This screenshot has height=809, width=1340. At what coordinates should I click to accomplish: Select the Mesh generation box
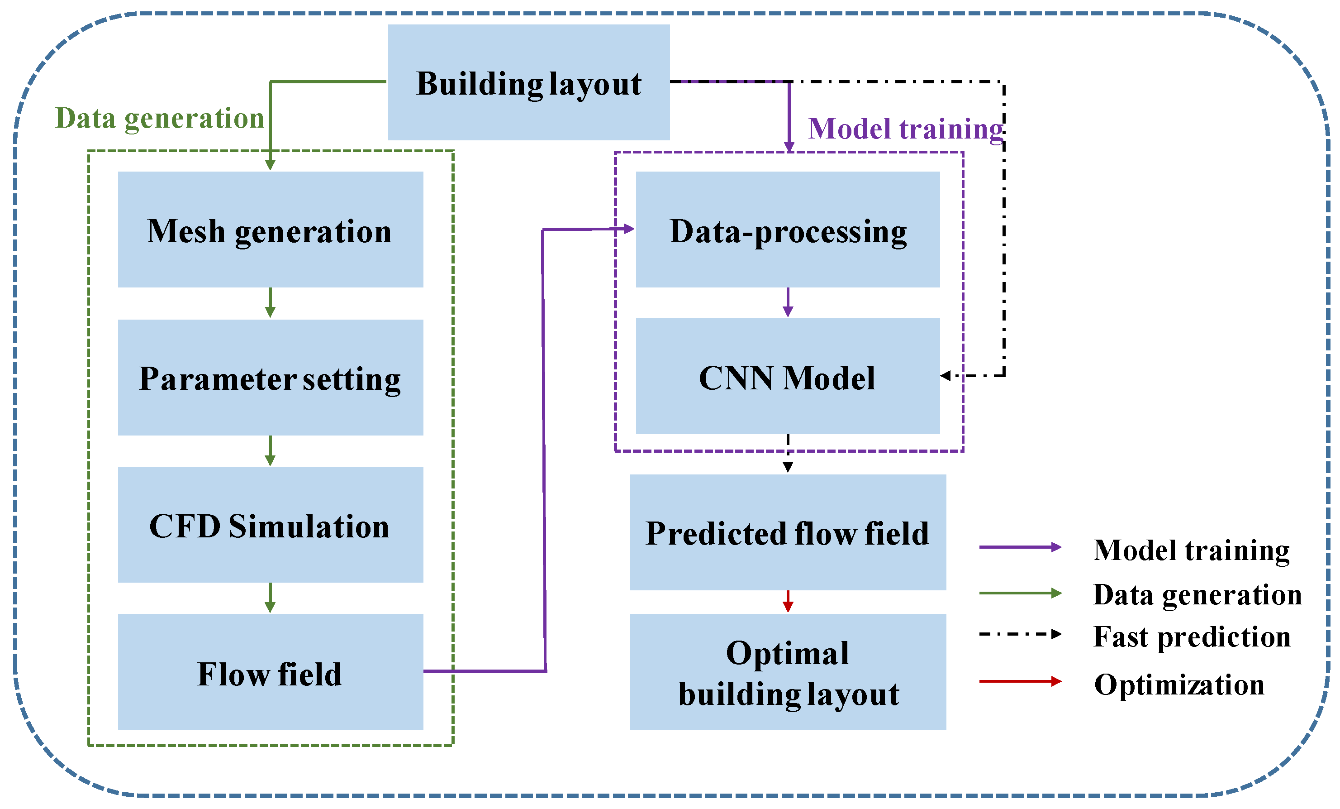[270, 229]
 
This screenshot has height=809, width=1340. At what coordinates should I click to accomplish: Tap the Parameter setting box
[270, 377]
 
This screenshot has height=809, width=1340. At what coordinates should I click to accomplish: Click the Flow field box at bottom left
[270, 672]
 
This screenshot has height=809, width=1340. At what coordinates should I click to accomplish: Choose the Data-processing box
[788, 229]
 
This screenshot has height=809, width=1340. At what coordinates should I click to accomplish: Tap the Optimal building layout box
[788, 672]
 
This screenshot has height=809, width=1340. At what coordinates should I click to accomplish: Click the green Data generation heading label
[159, 118]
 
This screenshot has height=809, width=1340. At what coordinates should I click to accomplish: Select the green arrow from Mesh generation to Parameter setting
[270, 303]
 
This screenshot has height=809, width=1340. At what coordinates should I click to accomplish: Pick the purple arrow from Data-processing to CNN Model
[788, 302]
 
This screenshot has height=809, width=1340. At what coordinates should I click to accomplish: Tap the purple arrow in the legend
[1020, 547]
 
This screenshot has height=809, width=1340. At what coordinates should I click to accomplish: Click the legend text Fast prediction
[1192, 637]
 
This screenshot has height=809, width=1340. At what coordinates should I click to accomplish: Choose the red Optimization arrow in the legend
[1020, 681]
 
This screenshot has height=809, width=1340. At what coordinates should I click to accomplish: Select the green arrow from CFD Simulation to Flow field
[270, 598]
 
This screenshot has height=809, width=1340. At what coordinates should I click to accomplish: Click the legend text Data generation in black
[1197, 594]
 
